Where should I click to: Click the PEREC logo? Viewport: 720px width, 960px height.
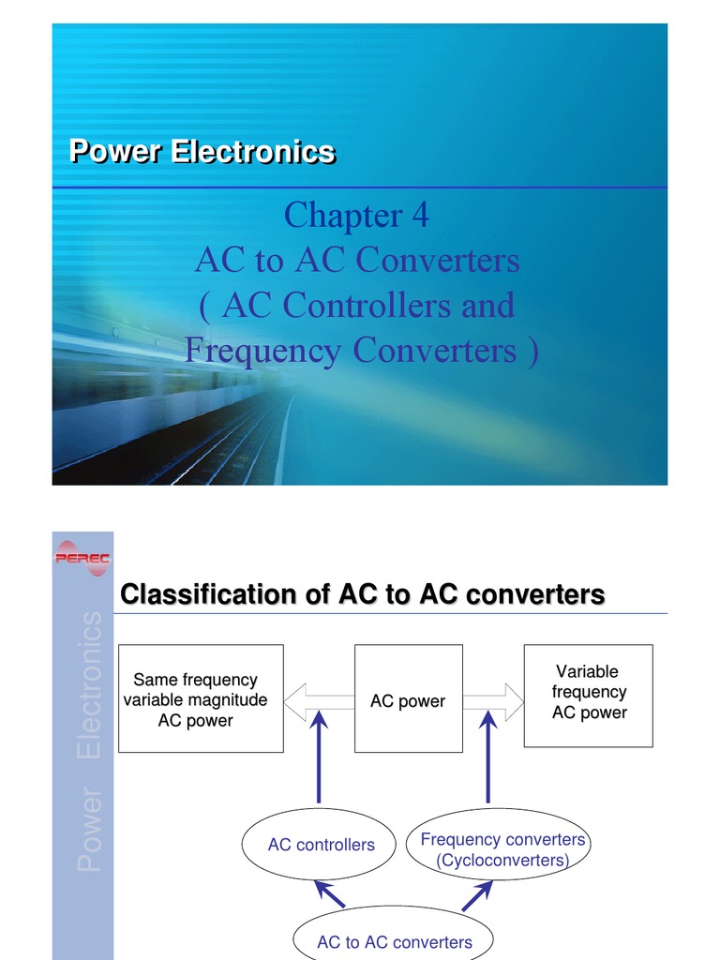[x=82, y=558]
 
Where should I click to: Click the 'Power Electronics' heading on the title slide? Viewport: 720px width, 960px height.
[x=202, y=152]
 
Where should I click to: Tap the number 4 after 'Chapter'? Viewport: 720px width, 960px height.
[x=419, y=216]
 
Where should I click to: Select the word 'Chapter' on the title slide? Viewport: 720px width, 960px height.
[x=342, y=216]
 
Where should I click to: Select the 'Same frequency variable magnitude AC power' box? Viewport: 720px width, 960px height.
[x=201, y=698]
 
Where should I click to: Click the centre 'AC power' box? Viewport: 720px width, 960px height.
[x=408, y=698]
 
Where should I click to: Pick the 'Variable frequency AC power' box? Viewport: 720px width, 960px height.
[x=589, y=695]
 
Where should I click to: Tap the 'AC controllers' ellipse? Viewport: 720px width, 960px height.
[x=321, y=845]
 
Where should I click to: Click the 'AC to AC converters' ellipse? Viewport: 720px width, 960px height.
[x=394, y=940]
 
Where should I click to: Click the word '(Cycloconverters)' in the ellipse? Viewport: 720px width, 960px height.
[x=502, y=860]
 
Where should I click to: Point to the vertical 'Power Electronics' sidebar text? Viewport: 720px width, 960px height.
[x=90, y=741]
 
